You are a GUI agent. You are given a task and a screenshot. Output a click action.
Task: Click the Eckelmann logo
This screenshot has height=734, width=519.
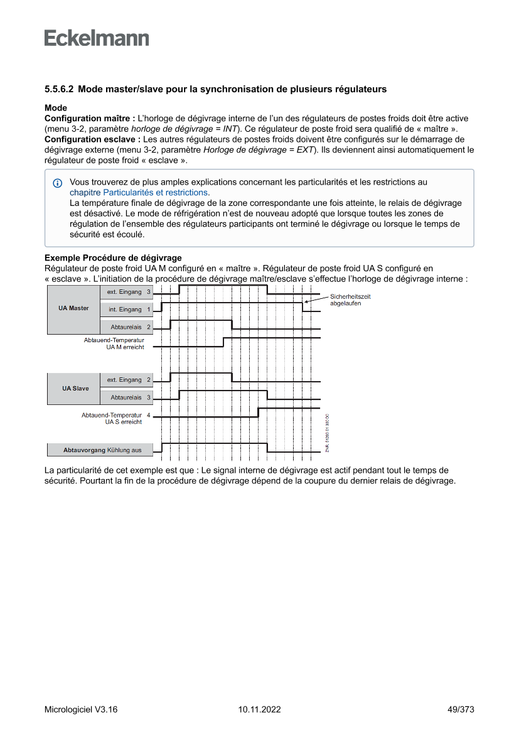tap(97, 38)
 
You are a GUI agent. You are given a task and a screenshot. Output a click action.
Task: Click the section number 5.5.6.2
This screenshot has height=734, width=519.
tap(59, 89)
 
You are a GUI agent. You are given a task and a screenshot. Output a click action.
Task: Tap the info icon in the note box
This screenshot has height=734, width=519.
tap(58, 183)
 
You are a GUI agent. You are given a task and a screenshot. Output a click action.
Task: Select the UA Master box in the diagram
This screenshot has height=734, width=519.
tap(73, 308)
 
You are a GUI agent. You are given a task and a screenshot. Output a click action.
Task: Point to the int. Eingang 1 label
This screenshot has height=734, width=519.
tap(129, 310)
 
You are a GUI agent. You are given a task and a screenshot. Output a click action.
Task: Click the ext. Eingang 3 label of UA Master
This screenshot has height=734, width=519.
tap(129, 291)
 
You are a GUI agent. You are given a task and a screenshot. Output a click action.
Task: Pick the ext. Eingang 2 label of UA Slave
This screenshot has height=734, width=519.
tap(129, 380)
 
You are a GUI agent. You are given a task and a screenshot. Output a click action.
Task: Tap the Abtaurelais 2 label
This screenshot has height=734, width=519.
tap(131, 327)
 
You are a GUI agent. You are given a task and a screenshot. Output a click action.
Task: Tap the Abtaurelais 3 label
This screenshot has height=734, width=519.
tap(131, 397)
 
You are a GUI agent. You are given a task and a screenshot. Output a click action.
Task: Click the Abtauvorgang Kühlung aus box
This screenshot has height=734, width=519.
tap(102, 450)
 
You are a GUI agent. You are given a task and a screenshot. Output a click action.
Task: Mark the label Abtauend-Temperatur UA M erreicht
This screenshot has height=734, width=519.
tap(114, 343)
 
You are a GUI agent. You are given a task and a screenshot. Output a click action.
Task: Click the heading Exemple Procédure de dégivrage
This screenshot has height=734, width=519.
tap(113, 258)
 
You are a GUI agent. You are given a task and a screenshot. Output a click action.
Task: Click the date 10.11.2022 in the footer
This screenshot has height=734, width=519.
tap(259, 710)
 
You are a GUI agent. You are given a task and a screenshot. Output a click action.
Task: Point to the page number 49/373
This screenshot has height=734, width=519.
tap(460, 710)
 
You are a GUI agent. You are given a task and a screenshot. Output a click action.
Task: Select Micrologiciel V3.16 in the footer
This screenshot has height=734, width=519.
tap(81, 710)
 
